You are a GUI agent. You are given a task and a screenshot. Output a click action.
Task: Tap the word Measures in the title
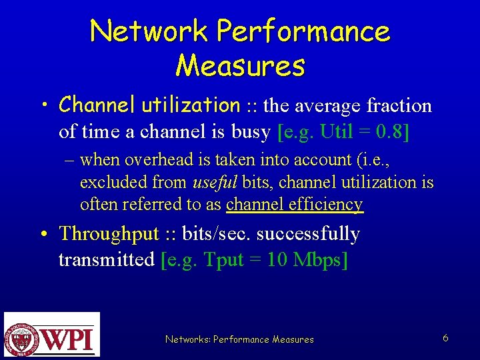point(240,65)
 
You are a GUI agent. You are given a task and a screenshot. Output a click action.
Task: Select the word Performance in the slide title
point(303,31)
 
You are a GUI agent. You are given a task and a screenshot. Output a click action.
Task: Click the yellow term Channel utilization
point(149,105)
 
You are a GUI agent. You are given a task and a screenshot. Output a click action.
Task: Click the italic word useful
point(213,182)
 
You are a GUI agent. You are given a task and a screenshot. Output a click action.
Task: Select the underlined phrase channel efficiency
point(295,204)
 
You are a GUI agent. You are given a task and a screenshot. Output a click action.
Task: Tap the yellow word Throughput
point(109,234)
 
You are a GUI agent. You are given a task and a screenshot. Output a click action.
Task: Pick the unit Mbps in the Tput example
point(318,259)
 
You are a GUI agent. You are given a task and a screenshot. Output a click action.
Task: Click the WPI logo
point(51,334)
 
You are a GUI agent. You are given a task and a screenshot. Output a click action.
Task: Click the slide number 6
point(445,338)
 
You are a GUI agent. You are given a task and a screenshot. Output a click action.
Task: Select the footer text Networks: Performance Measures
point(239,339)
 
